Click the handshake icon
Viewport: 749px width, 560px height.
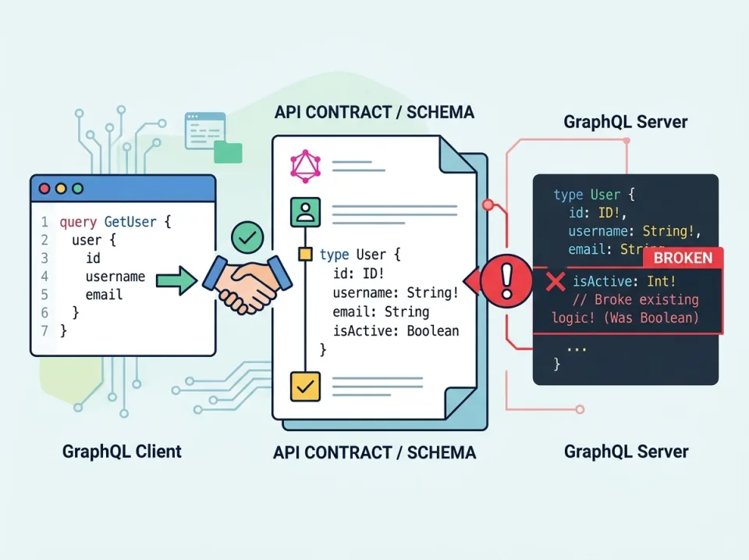click(x=247, y=282)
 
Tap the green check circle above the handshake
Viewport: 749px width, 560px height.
click(x=248, y=237)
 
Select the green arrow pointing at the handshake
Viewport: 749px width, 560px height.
click(x=177, y=279)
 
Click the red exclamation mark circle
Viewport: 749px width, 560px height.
click(x=506, y=277)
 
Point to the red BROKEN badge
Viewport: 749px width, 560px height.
click(x=683, y=258)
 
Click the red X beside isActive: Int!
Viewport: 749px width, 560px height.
click(x=556, y=282)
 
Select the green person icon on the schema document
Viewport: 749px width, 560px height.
click(x=305, y=211)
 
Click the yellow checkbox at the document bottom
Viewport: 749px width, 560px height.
click(x=305, y=386)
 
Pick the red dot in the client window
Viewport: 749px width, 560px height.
click(x=44, y=188)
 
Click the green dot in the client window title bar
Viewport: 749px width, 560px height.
click(x=76, y=188)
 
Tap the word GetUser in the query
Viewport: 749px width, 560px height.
click(x=130, y=222)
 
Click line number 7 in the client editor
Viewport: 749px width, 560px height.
click(x=44, y=331)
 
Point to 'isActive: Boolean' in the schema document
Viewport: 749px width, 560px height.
click(x=396, y=330)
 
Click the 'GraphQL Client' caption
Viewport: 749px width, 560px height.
click(x=122, y=451)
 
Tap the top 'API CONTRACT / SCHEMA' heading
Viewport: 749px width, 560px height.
click(x=374, y=112)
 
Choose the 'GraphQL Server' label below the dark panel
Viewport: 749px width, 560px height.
click(x=626, y=451)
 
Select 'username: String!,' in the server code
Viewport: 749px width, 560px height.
click(x=634, y=230)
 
